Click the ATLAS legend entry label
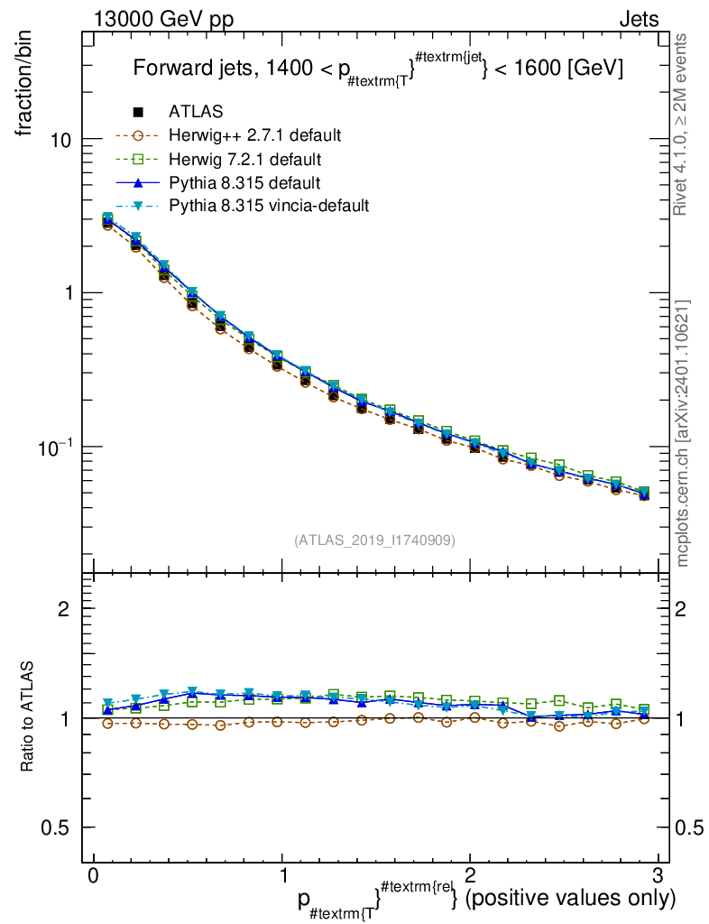click(x=196, y=112)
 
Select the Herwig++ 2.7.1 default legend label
click(x=253, y=135)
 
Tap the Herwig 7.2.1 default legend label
click(x=244, y=159)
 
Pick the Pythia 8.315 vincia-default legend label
click(x=269, y=206)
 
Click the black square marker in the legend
click(x=138, y=112)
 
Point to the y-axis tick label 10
click(x=61, y=140)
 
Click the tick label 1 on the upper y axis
click(x=68, y=294)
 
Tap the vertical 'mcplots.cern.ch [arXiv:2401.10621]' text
click(x=683, y=433)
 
